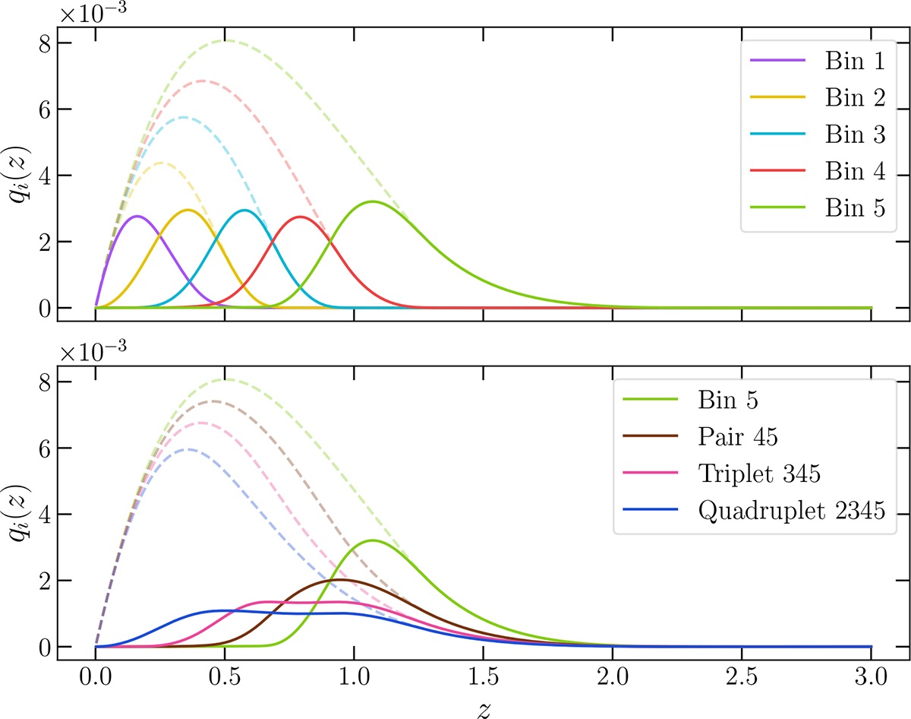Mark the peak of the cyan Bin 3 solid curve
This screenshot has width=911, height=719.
point(244,211)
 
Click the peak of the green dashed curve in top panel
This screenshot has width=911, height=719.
point(225,40)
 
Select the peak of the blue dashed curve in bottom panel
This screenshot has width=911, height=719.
point(189,449)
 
